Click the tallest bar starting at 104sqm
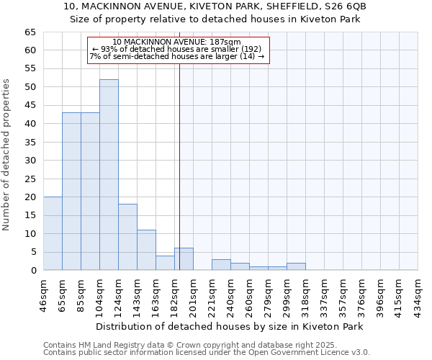109,175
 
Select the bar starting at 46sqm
53,233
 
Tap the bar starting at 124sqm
127,237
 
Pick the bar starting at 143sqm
146,250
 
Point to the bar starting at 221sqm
221,264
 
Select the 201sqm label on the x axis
194,294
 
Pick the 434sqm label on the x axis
418,294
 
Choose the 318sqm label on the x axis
306,294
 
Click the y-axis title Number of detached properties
7,155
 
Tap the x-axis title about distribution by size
229,326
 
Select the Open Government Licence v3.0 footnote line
207,353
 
